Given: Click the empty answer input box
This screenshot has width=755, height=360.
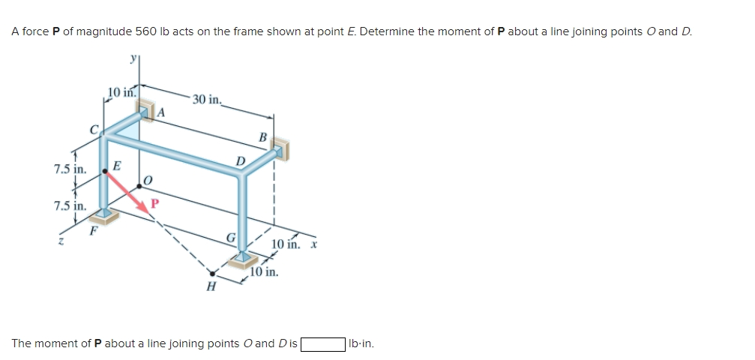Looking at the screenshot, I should click(x=322, y=344).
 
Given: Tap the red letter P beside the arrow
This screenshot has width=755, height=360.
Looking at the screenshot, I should click(x=156, y=202).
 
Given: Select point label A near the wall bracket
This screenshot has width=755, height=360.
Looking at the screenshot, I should click(x=159, y=112).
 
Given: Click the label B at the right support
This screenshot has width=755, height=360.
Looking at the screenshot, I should click(x=262, y=137).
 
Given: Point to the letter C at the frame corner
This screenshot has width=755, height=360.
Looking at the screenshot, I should click(x=94, y=129).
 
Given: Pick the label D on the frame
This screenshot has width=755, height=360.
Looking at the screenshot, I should click(x=241, y=161).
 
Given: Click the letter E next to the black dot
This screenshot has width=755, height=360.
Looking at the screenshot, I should click(x=117, y=166).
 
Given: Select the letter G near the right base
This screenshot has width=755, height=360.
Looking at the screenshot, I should click(x=232, y=239).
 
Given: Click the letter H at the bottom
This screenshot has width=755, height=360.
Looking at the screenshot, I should click(x=211, y=286).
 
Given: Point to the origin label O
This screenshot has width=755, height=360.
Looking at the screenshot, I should click(x=147, y=180).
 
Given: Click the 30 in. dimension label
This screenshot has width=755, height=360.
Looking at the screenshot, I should click(x=205, y=99).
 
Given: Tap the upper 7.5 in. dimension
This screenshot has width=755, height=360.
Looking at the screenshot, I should click(x=70, y=169).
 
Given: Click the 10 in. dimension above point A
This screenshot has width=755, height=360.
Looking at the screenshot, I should click(x=120, y=93).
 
